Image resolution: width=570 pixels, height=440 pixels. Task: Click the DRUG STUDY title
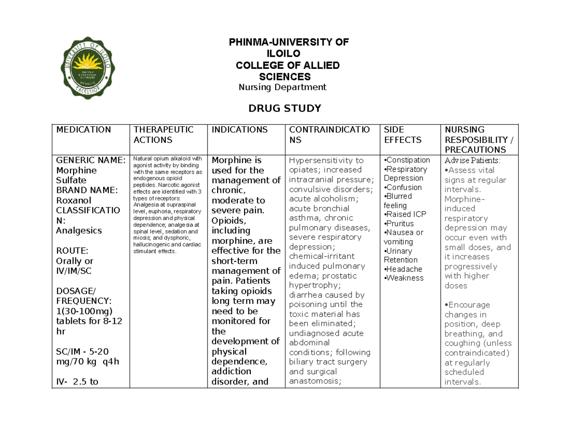[285, 109]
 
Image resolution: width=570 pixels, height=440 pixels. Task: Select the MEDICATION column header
[83, 130]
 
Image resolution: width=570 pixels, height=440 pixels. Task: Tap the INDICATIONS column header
[239, 130]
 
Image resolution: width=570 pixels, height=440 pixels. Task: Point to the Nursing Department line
[282, 87]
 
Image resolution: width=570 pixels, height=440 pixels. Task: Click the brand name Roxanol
[73, 200]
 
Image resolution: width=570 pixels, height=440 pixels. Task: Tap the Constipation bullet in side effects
[407, 160]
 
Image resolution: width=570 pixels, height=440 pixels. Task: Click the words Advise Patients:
[475, 160]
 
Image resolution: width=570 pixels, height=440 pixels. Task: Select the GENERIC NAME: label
[91, 160]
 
